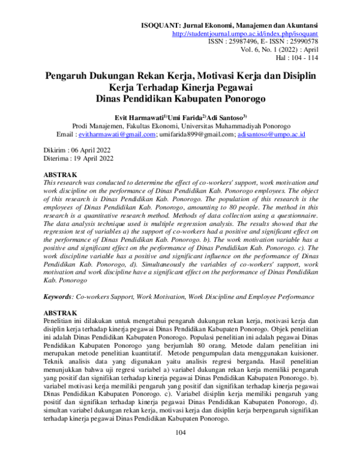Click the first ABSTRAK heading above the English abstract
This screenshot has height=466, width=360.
(62, 174)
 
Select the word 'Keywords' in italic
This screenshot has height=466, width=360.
(59, 297)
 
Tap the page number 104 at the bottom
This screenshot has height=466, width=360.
(180, 450)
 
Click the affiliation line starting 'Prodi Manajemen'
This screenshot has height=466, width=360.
(181, 127)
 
